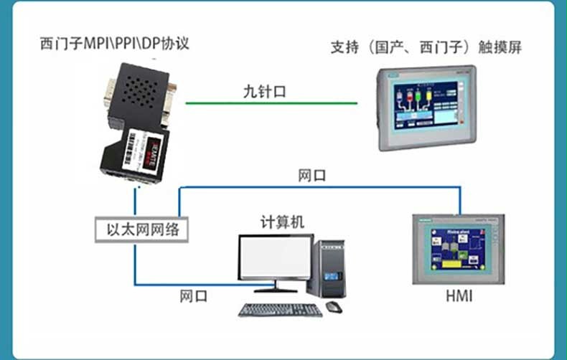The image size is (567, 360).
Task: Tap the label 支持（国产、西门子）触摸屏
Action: pyautogui.click(x=426, y=49)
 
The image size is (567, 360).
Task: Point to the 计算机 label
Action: pyautogui.click(x=282, y=222)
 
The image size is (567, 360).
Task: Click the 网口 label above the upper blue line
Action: pyautogui.click(x=312, y=175)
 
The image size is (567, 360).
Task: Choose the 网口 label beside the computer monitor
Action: pyautogui.click(x=193, y=295)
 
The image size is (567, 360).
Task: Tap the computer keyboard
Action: pyautogui.click(x=281, y=311)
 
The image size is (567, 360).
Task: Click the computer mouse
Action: pyautogui.click(x=333, y=306)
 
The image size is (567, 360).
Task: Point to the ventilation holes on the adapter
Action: pyautogui.click(x=139, y=95)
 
